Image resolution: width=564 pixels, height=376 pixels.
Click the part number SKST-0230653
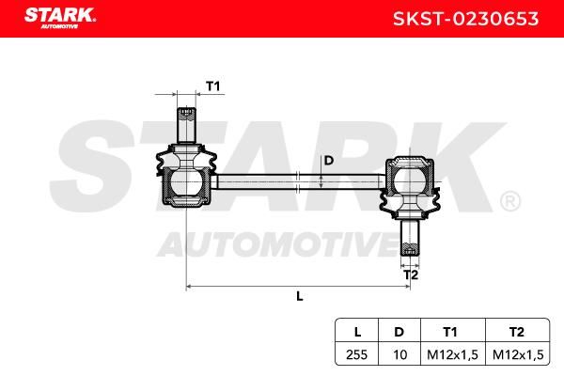pos(466,19)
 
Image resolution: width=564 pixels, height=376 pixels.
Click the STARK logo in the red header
pos(60,18)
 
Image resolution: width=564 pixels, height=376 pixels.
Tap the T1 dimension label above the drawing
pos(212,86)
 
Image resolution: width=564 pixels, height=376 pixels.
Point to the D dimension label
pos(329,161)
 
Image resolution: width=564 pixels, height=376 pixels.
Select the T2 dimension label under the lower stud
pos(411,275)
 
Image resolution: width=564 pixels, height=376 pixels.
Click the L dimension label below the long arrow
pos(300,296)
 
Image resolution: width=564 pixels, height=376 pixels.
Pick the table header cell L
pos(357,332)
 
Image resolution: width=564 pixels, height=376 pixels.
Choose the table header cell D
pos(399,332)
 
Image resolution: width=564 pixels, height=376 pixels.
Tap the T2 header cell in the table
pos(517,332)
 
